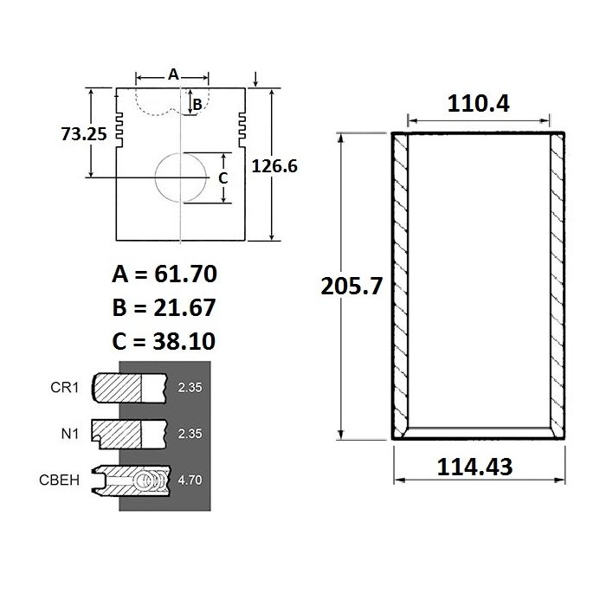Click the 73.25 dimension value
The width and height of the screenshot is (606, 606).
click(84, 134)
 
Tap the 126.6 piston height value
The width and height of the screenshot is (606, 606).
click(274, 166)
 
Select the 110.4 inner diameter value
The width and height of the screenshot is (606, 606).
click(478, 104)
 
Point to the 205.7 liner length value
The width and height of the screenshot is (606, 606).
click(351, 286)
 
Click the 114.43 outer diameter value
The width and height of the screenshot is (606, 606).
click(474, 467)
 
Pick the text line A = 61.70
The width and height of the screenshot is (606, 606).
click(164, 274)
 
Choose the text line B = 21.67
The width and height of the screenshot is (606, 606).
click(164, 307)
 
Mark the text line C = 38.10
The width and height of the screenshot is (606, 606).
click(164, 341)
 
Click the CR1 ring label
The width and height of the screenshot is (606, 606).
click(65, 387)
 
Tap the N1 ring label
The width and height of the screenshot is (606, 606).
click(70, 434)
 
